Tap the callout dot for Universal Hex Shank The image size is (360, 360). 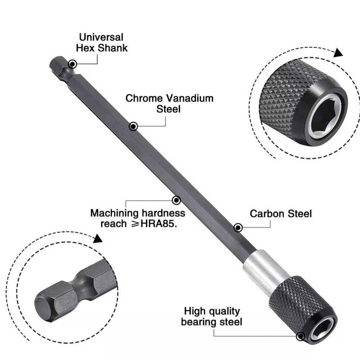(72, 64)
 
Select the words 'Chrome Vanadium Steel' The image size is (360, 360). (169, 103)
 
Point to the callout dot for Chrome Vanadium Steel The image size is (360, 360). (133, 126)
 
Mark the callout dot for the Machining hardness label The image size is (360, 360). (176, 200)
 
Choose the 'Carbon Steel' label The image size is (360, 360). (281, 213)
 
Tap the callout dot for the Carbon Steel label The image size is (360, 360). (238, 228)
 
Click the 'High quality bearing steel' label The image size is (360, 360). (211, 316)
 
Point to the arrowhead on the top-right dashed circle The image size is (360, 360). (337, 53)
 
